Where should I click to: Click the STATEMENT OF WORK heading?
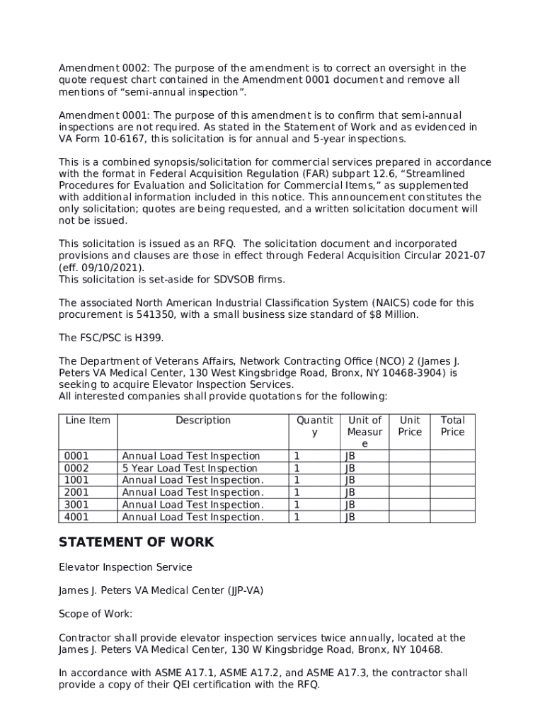pos(136,543)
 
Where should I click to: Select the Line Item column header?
pos(88,421)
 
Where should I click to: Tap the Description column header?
pos(203,421)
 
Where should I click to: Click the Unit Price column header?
pos(410,426)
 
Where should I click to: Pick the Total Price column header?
pos(453,426)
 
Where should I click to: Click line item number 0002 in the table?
pos(76,468)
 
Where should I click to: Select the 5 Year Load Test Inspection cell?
pos(190,468)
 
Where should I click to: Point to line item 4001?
pos(76,517)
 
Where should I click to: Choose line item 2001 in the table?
pos(76,492)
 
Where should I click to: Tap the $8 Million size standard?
pos(392,314)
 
